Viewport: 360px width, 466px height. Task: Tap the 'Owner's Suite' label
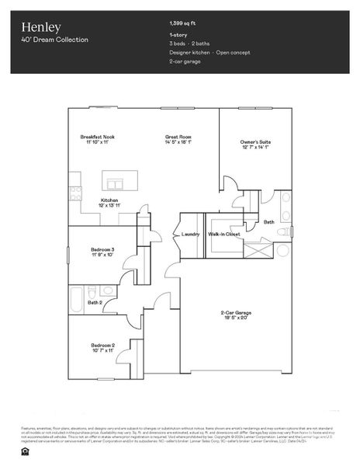pos(255,142)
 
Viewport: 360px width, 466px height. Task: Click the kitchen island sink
pos(116,185)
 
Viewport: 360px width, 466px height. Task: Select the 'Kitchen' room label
pos(109,200)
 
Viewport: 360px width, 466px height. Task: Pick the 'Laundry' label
pos(191,234)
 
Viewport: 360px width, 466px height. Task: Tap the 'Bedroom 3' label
pos(102,249)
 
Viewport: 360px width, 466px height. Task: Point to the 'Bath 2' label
pos(95,303)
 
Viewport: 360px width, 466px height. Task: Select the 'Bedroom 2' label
pos(102,345)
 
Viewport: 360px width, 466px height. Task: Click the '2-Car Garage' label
pos(250,313)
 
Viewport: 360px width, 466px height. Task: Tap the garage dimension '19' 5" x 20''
pos(250,318)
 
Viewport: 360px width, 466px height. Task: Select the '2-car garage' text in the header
pos(186,61)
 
